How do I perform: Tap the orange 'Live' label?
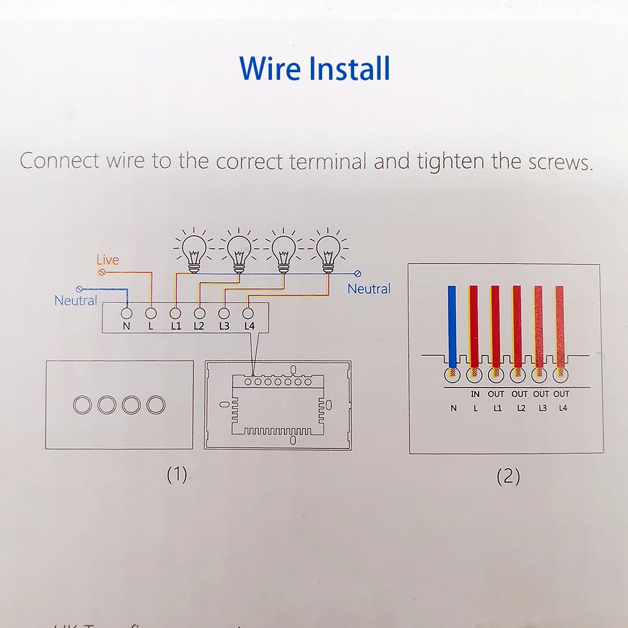point(107,259)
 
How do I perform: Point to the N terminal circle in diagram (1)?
point(126,312)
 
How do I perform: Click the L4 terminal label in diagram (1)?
point(249,326)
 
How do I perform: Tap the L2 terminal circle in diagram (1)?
point(199,312)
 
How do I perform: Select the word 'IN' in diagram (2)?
point(475,394)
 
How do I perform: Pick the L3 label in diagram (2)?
point(542,408)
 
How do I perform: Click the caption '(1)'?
point(176,475)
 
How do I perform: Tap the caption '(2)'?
point(508,477)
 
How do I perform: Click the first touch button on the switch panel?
point(82,405)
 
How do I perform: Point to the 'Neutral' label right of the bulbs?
point(369,289)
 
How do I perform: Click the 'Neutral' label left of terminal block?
point(75,300)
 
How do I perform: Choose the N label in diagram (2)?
point(454,408)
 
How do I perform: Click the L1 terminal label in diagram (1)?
point(175,326)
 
